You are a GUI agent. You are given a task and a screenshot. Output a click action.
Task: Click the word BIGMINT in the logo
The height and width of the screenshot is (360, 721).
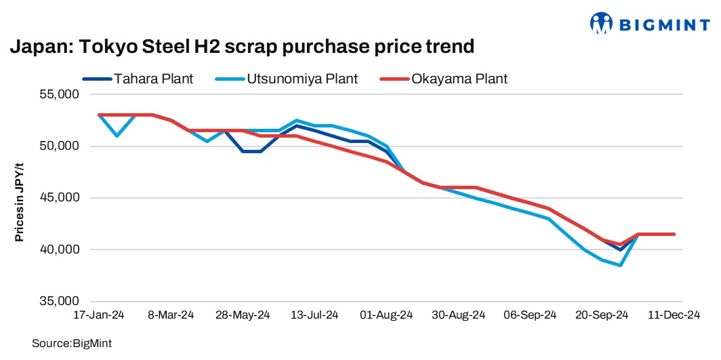(664, 25)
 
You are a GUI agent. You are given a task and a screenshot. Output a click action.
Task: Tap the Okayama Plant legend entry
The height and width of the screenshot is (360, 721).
(459, 79)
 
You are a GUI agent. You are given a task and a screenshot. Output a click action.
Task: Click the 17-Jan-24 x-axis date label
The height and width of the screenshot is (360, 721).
(99, 315)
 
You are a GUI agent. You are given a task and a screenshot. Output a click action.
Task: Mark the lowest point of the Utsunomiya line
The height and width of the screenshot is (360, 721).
(620, 265)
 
